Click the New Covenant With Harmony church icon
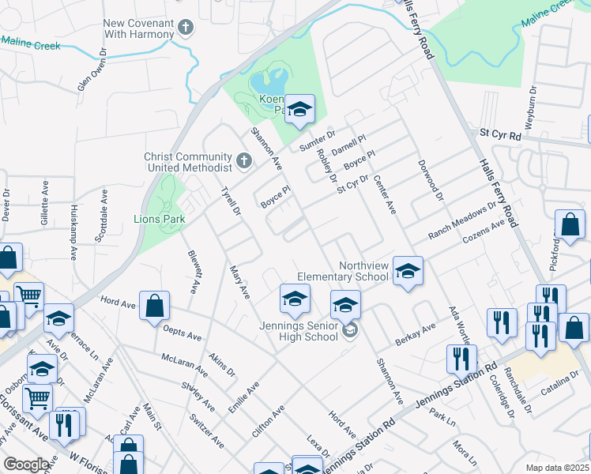pyautogui.click(x=186, y=29)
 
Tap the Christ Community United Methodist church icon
pyautogui.click(x=244, y=162)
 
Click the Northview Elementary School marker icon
pyautogui.click(x=407, y=271)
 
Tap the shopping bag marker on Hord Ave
pyautogui.click(x=155, y=305)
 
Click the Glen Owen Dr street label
pyautogui.click(x=91, y=70)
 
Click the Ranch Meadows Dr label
pyautogui.click(x=461, y=221)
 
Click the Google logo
pyautogui.click(x=27, y=465)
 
